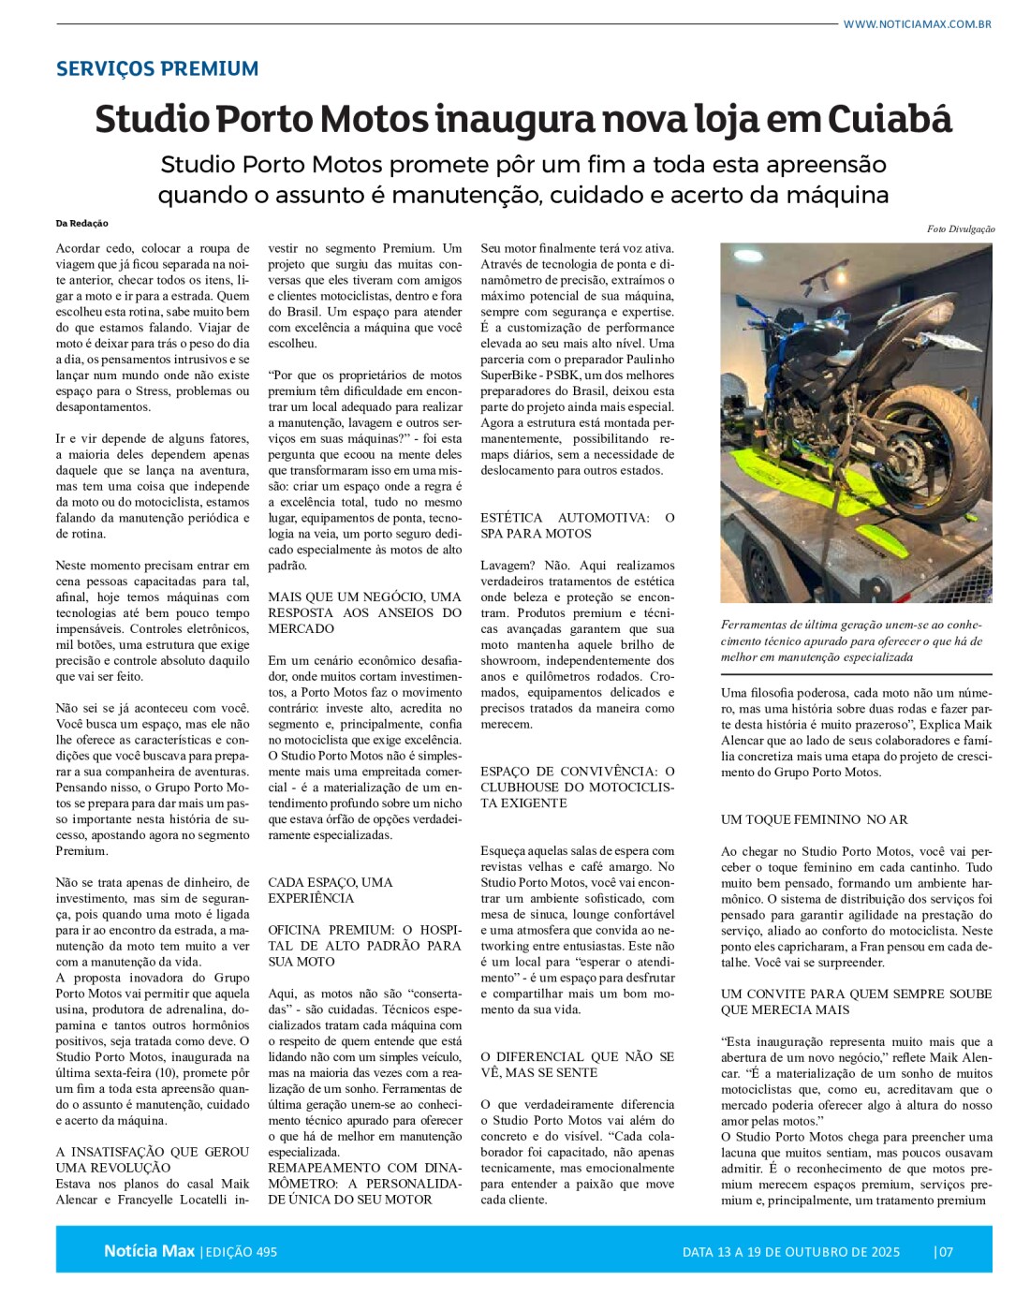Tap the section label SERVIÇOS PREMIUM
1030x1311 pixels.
pyautogui.click(x=157, y=68)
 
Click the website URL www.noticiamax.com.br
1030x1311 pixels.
pyautogui.click(x=917, y=24)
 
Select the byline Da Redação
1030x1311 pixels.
pyautogui.click(x=82, y=224)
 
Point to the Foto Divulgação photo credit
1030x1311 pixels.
pyautogui.click(x=961, y=229)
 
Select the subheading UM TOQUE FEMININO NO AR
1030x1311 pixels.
pyautogui.click(x=814, y=819)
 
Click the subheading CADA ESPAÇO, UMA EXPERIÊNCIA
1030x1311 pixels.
pyautogui.click(x=331, y=890)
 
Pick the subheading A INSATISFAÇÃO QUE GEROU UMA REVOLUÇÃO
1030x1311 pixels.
pyautogui.click(x=152, y=1159)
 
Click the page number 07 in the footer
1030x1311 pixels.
pyautogui.click(x=945, y=1252)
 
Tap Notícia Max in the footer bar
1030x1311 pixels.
pyautogui.click(x=149, y=1251)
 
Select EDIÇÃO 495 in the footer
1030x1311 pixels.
pyautogui.click(x=241, y=1252)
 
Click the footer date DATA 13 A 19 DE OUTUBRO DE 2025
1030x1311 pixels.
pyautogui.click(x=790, y=1252)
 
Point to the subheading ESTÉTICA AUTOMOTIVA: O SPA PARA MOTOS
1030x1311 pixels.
pyautogui.click(x=577, y=525)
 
